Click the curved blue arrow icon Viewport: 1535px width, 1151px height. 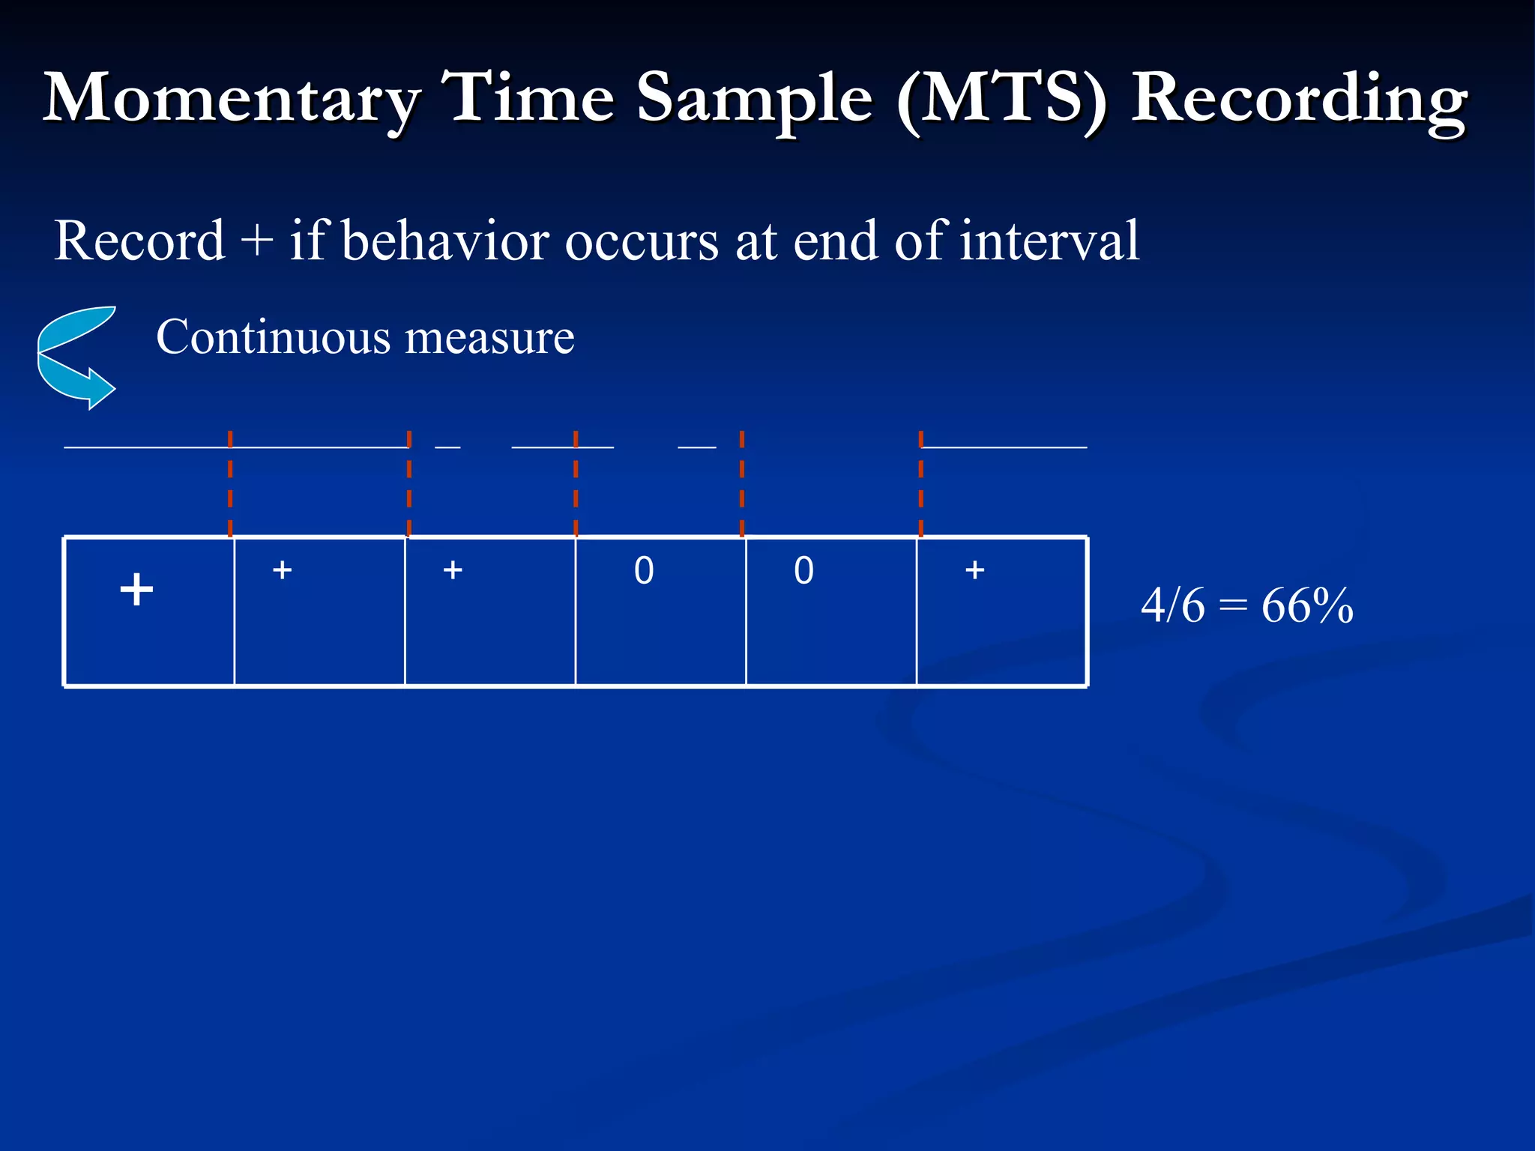pos(76,357)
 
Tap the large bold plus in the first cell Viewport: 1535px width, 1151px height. pos(136,589)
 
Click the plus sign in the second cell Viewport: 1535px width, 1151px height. pos(282,570)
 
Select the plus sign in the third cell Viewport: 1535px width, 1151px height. pos(453,570)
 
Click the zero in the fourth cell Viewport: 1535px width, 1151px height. pos(644,571)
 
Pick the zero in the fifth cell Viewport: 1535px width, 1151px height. pos(803,571)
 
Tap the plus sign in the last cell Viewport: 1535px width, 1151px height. pos(974,570)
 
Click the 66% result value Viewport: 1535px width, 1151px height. pos(1307,605)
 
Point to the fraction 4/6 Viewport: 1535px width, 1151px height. pos(1172,605)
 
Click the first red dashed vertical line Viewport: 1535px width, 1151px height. pos(230,483)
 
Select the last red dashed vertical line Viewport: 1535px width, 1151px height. pos(920,483)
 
